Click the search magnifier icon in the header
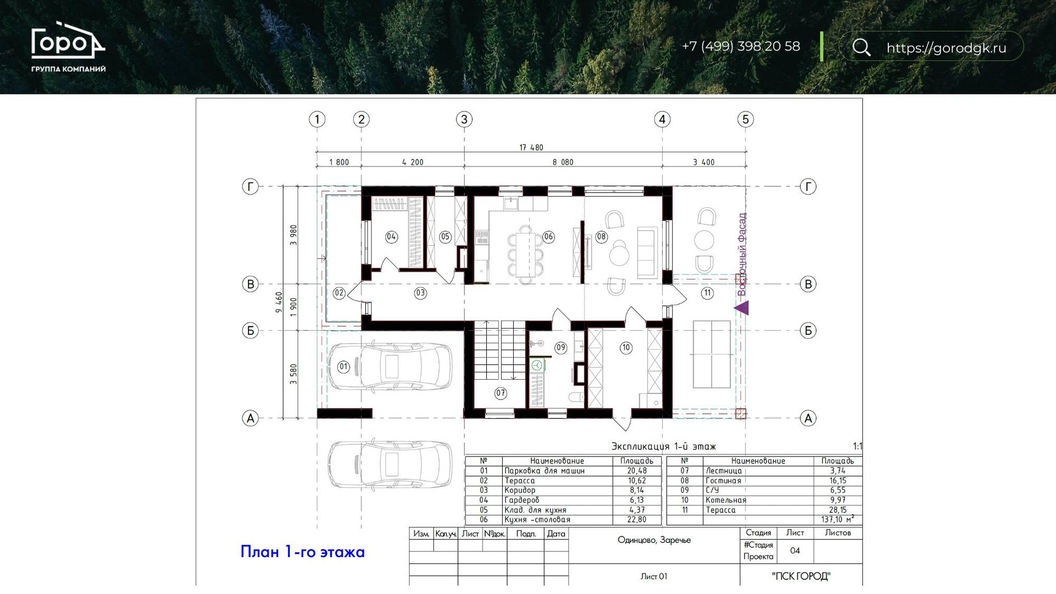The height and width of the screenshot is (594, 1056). (x=861, y=47)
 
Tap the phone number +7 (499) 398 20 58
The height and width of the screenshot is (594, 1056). (x=741, y=46)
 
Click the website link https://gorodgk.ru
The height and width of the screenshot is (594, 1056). (x=947, y=48)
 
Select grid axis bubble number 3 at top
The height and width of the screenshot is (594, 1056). (x=464, y=119)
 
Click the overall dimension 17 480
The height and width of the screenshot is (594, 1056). (x=531, y=147)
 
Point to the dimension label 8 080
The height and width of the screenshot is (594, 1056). (x=563, y=162)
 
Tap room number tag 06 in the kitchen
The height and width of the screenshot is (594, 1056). (x=548, y=237)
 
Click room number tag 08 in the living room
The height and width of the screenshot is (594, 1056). (x=601, y=237)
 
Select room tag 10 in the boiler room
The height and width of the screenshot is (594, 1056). (x=626, y=347)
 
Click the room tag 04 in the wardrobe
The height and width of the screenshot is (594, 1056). (x=391, y=237)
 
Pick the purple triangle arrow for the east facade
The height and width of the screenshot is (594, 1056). (x=742, y=308)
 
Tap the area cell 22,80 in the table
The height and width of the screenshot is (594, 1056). (x=637, y=519)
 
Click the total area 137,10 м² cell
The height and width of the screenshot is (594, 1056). (x=838, y=519)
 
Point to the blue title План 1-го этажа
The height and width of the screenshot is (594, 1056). (x=302, y=551)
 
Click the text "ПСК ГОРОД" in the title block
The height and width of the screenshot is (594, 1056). (x=801, y=576)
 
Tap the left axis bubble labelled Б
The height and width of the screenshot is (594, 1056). (x=250, y=330)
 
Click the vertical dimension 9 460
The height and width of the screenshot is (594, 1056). (x=279, y=302)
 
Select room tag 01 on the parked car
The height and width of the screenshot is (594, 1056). (x=343, y=367)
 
